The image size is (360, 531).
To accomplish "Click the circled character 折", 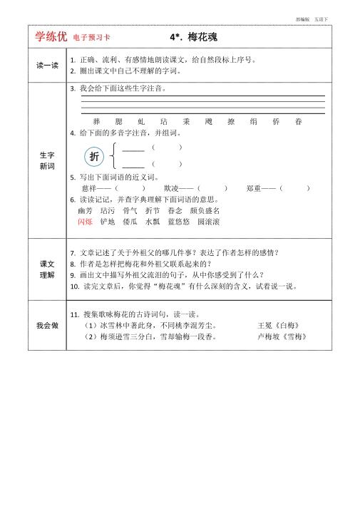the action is point(94,157).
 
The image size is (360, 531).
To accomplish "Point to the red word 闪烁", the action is point(85,222).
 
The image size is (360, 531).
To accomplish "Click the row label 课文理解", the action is point(48,269).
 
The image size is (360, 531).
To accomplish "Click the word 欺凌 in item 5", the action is point(171,188).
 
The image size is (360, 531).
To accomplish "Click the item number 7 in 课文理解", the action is point(73,253).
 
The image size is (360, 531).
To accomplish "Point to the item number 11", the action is point(74,314).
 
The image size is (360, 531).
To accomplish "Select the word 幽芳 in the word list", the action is point(85,211).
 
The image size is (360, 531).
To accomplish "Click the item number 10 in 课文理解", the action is point(74,287).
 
